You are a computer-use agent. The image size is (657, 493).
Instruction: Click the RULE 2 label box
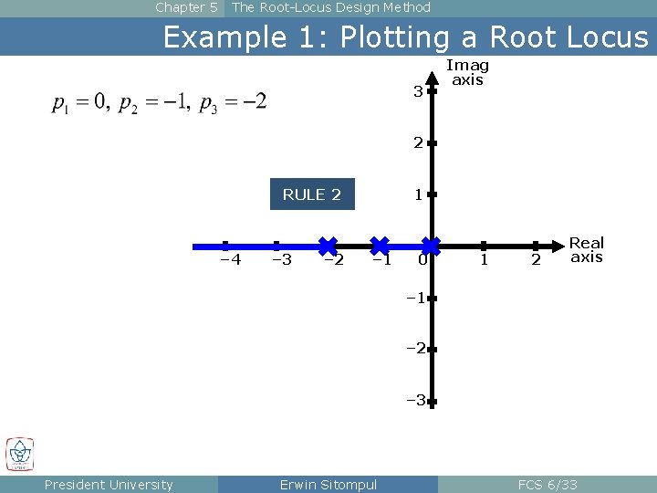312,194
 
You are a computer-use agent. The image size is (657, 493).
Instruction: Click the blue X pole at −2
328,246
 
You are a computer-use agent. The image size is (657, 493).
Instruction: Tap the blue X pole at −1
380,246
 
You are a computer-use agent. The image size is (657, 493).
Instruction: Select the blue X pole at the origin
431,246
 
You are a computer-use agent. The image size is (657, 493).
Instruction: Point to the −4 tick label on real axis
231,260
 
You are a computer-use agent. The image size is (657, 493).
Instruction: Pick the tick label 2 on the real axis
536,261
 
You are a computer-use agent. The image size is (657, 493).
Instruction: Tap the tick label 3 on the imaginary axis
417,92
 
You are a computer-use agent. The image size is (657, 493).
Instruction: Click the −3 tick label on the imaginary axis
415,400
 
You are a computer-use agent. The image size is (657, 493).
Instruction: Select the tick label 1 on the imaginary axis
417,194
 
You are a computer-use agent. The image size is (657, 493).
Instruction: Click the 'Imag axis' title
467,73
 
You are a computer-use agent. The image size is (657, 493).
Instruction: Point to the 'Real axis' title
587,249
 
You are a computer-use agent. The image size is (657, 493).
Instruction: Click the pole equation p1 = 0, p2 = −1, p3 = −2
159,102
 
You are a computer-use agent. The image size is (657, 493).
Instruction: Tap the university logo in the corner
20,454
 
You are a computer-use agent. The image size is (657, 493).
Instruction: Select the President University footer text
108,485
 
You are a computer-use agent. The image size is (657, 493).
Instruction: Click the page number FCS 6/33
547,485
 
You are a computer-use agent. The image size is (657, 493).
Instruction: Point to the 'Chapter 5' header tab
186,8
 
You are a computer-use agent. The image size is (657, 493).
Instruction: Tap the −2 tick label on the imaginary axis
415,349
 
